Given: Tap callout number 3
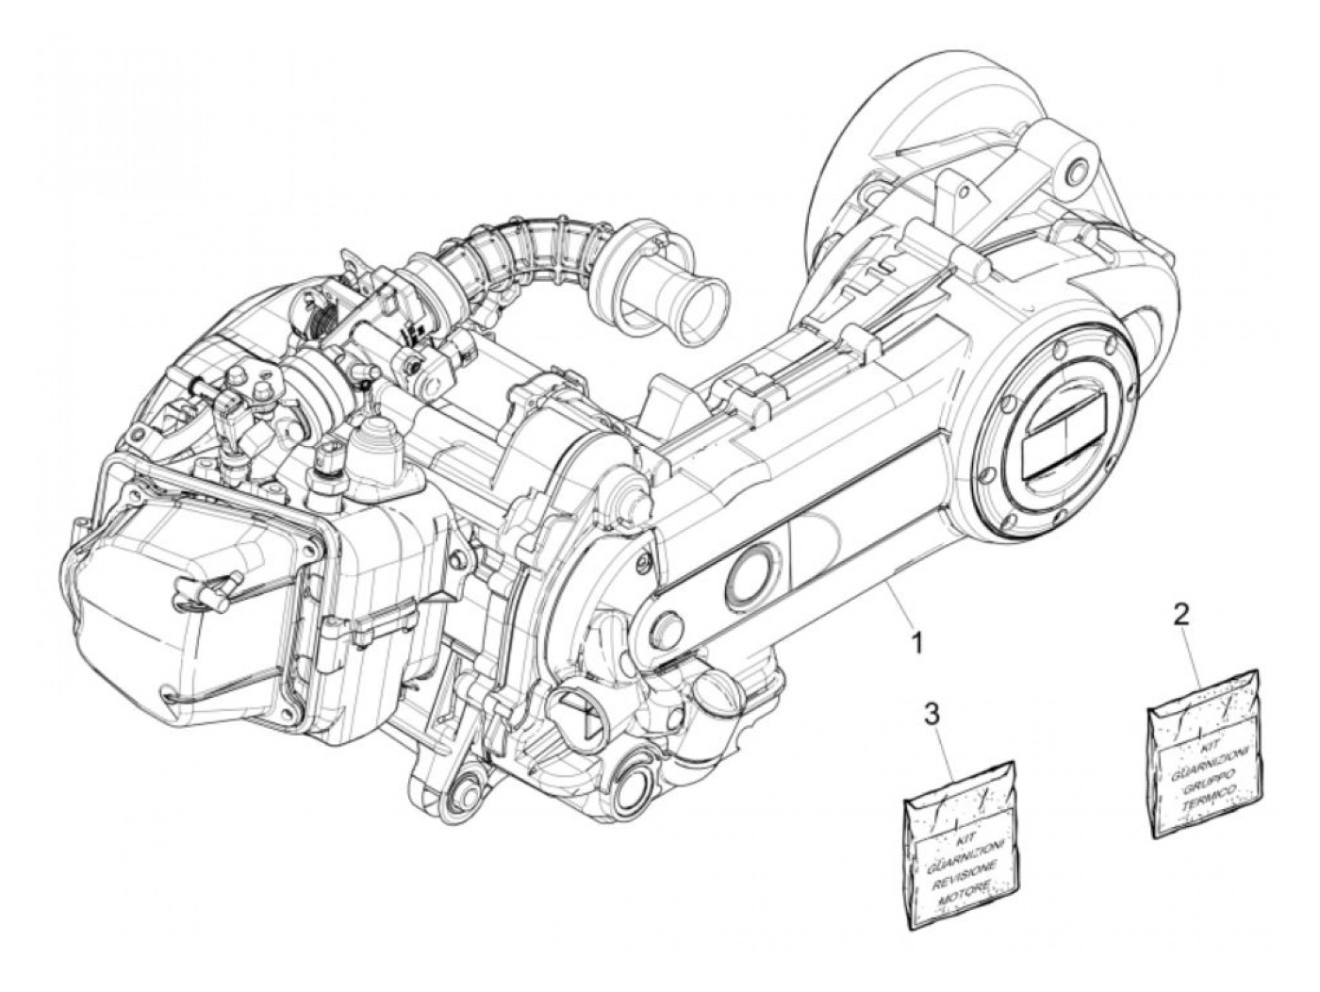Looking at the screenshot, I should tap(932, 713).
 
